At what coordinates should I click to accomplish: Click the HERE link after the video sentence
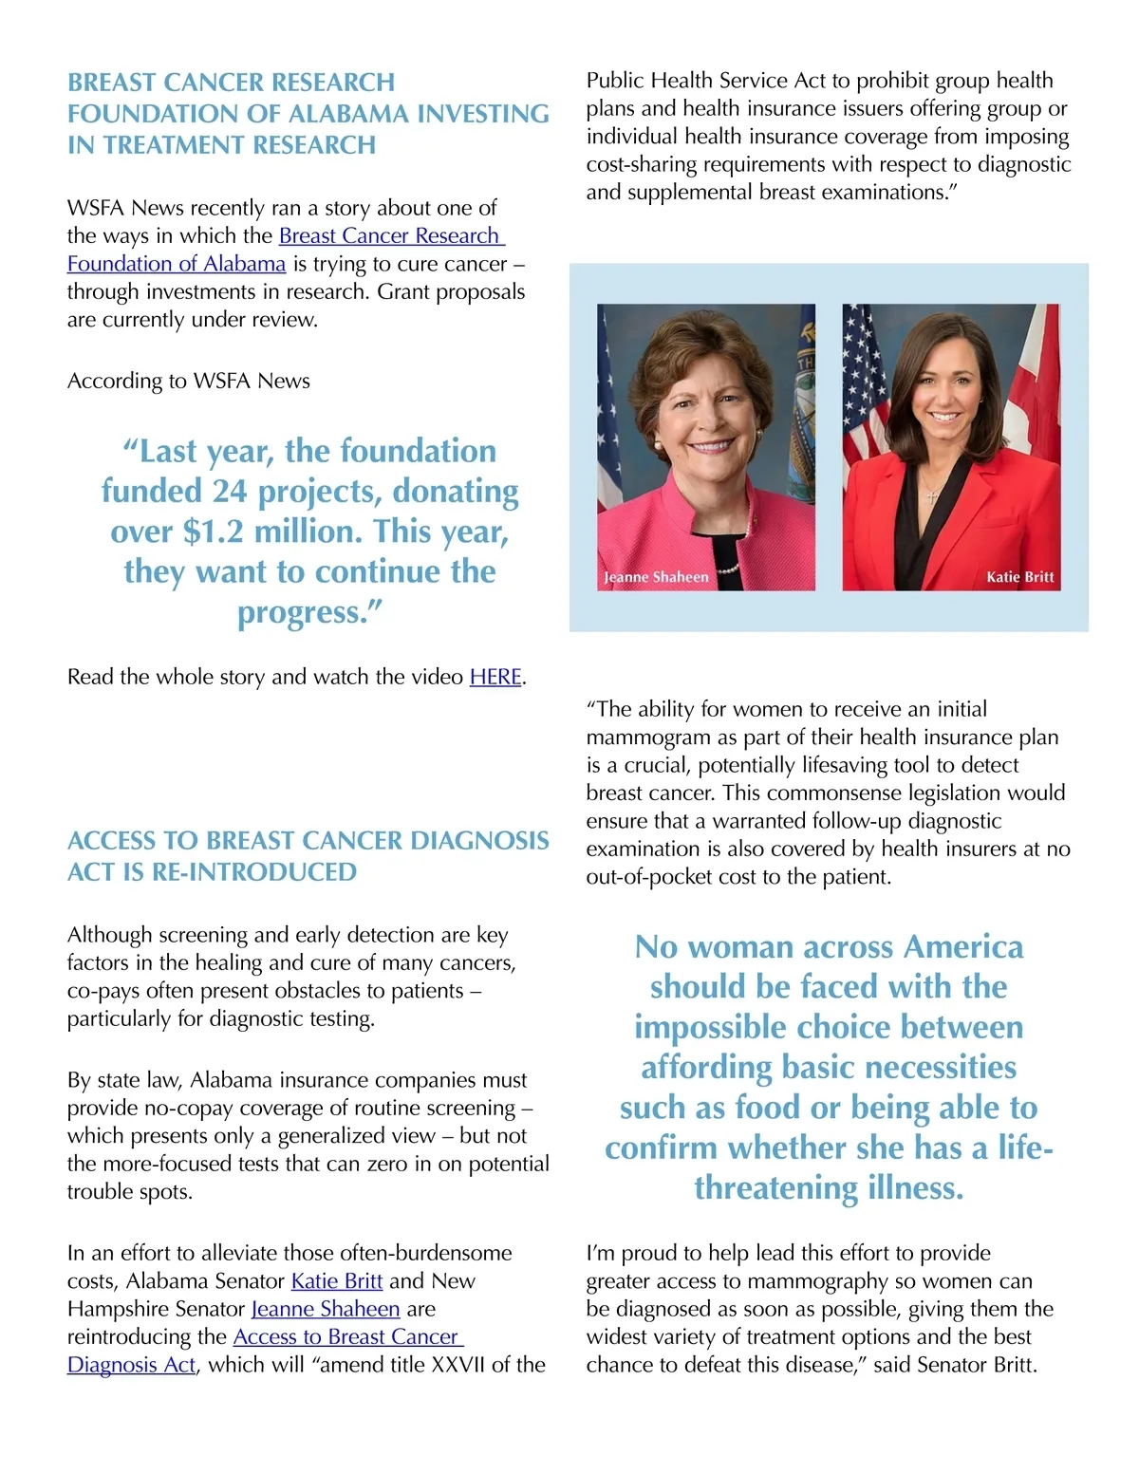tap(495, 677)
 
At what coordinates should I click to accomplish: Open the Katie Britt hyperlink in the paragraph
tap(336, 1280)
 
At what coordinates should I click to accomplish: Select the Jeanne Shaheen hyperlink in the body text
tap(326, 1309)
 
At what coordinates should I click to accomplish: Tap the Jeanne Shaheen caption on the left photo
tap(657, 577)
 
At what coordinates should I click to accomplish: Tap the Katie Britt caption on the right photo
tap(1019, 577)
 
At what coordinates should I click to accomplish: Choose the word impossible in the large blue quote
tap(710, 1027)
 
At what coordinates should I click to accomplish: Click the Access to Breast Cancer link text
tap(347, 1336)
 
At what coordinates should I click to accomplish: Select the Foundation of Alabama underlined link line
tap(177, 264)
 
